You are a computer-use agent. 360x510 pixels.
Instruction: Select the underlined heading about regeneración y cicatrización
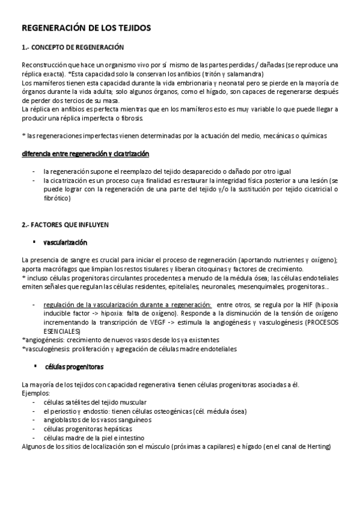click(x=85, y=155)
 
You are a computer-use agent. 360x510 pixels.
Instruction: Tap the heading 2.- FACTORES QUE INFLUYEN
click(x=65, y=224)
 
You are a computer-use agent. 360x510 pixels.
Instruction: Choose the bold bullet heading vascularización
click(x=66, y=242)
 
